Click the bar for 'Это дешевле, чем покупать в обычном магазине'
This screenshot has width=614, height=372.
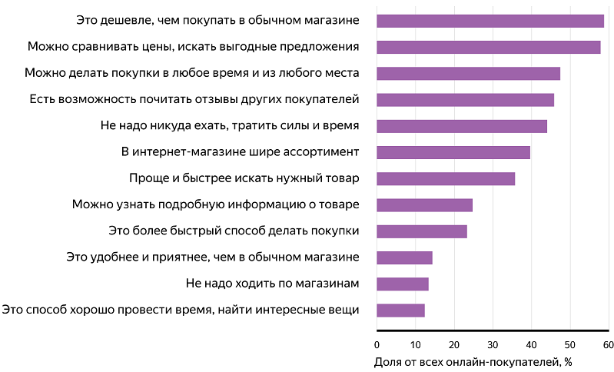point(490,21)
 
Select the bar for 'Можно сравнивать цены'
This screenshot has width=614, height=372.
point(488,47)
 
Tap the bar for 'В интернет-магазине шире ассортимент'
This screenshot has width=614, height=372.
point(453,152)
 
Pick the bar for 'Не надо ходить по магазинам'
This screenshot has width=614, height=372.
point(403,284)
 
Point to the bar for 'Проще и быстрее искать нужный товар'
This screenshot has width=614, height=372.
point(446,179)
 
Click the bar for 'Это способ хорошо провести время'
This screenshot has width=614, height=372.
point(400,311)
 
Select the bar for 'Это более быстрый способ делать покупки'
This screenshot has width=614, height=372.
point(422,231)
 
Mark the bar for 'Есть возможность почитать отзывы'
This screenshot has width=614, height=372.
point(465,100)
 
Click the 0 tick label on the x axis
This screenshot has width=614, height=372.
point(377,344)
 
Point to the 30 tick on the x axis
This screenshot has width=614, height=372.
point(493,344)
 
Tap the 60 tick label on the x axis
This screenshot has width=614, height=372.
point(608,344)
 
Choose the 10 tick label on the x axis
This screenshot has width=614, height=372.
point(415,344)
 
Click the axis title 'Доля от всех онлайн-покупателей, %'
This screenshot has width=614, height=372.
point(473,361)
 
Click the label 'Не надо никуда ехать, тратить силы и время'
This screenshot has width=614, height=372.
point(230,126)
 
